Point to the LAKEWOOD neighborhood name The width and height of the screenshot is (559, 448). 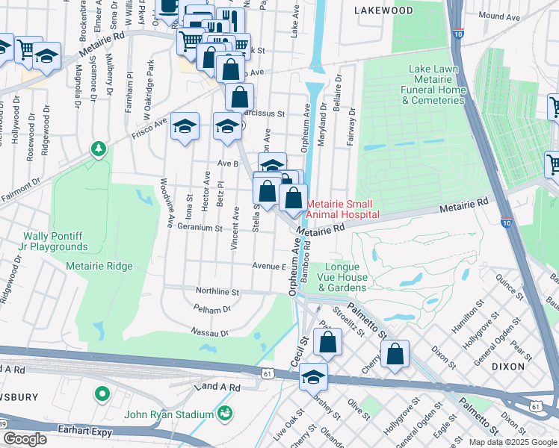383,11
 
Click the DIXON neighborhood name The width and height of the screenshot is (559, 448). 529,367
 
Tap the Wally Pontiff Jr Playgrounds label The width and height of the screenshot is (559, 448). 44,241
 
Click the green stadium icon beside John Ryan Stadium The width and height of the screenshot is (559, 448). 224,413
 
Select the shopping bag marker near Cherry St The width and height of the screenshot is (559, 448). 395,355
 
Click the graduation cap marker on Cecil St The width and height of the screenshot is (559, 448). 314,377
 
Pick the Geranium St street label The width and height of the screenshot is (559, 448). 199,228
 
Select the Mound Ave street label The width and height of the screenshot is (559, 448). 500,16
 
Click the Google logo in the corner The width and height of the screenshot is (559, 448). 25,439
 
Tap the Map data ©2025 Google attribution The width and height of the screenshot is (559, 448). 512,442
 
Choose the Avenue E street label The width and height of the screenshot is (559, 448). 269,266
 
